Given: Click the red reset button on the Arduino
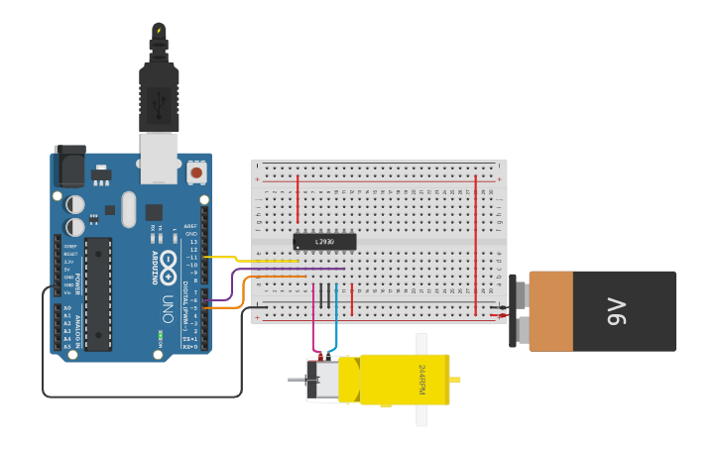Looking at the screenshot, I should click(x=196, y=172).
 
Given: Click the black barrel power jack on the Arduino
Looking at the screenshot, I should click(x=69, y=166).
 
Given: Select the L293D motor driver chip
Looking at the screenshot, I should click(x=324, y=241).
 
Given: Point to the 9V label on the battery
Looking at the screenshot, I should click(x=616, y=311).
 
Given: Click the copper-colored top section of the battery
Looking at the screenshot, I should click(x=550, y=311).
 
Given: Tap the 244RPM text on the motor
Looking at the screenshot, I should click(x=421, y=380).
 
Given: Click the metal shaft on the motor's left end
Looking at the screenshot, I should click(x=296, y=380).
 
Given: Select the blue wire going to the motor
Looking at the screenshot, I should click(x=335, y=317).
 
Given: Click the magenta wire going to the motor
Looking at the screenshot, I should click(x=315, y=317).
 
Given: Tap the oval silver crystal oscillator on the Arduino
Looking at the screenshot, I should click(x=128, y=209).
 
